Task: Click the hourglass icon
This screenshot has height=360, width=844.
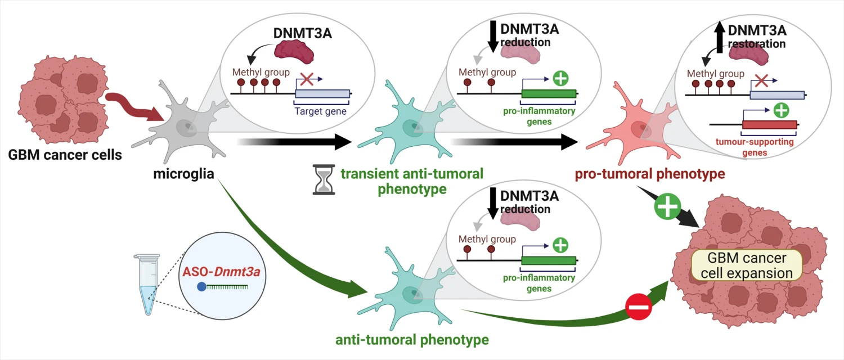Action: click(x=323, y=179)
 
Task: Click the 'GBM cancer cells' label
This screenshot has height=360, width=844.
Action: click(x=65, y=154)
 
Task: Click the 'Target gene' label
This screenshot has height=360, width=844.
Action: click(x=321, y=111)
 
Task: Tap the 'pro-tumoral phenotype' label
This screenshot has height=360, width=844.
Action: click(x=649, y=174)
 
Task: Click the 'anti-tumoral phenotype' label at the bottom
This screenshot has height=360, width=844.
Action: click(x=412, y=340)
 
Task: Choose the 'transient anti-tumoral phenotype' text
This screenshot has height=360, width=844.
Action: click(x=412, y=181)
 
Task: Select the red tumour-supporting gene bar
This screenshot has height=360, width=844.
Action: click(x=769, y=124)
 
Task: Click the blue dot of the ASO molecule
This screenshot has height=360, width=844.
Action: click(x=201, y=287)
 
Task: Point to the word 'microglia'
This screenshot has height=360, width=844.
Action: click(x=183, y=174)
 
